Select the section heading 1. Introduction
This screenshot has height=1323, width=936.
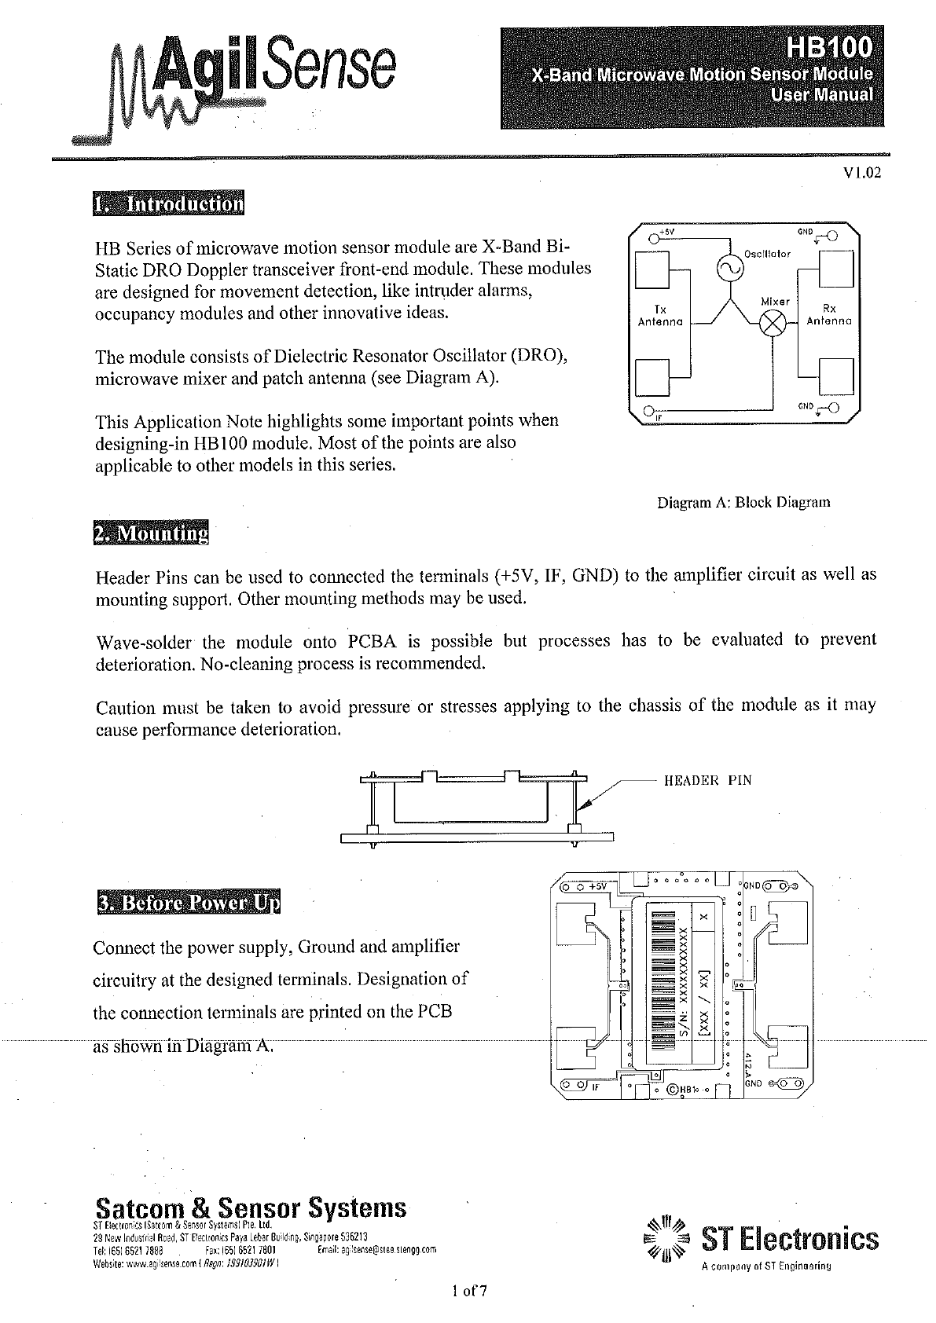tap(168, 204)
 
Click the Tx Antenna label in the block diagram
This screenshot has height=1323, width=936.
tap(659, 315)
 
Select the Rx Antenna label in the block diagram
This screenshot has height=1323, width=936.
tap(829, 315)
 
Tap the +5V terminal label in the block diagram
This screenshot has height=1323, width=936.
tap(666, 233)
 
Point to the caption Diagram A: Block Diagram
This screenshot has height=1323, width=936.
tap(743, 502)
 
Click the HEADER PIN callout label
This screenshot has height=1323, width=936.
tap(707, 780)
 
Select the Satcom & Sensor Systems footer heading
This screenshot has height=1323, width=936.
tap(251, 1208)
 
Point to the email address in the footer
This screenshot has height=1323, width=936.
tap(378, 1249)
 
